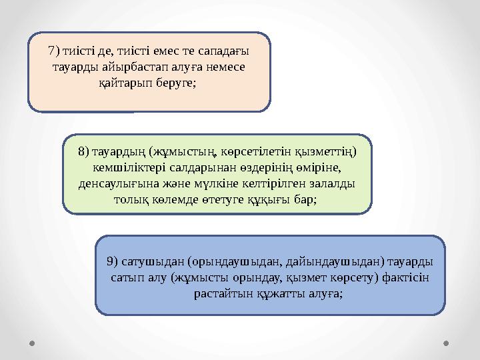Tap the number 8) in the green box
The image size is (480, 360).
83,151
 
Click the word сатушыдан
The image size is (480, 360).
153,261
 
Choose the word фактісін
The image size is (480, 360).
405,277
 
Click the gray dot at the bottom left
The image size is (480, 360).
33,343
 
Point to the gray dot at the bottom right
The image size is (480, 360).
446,343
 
